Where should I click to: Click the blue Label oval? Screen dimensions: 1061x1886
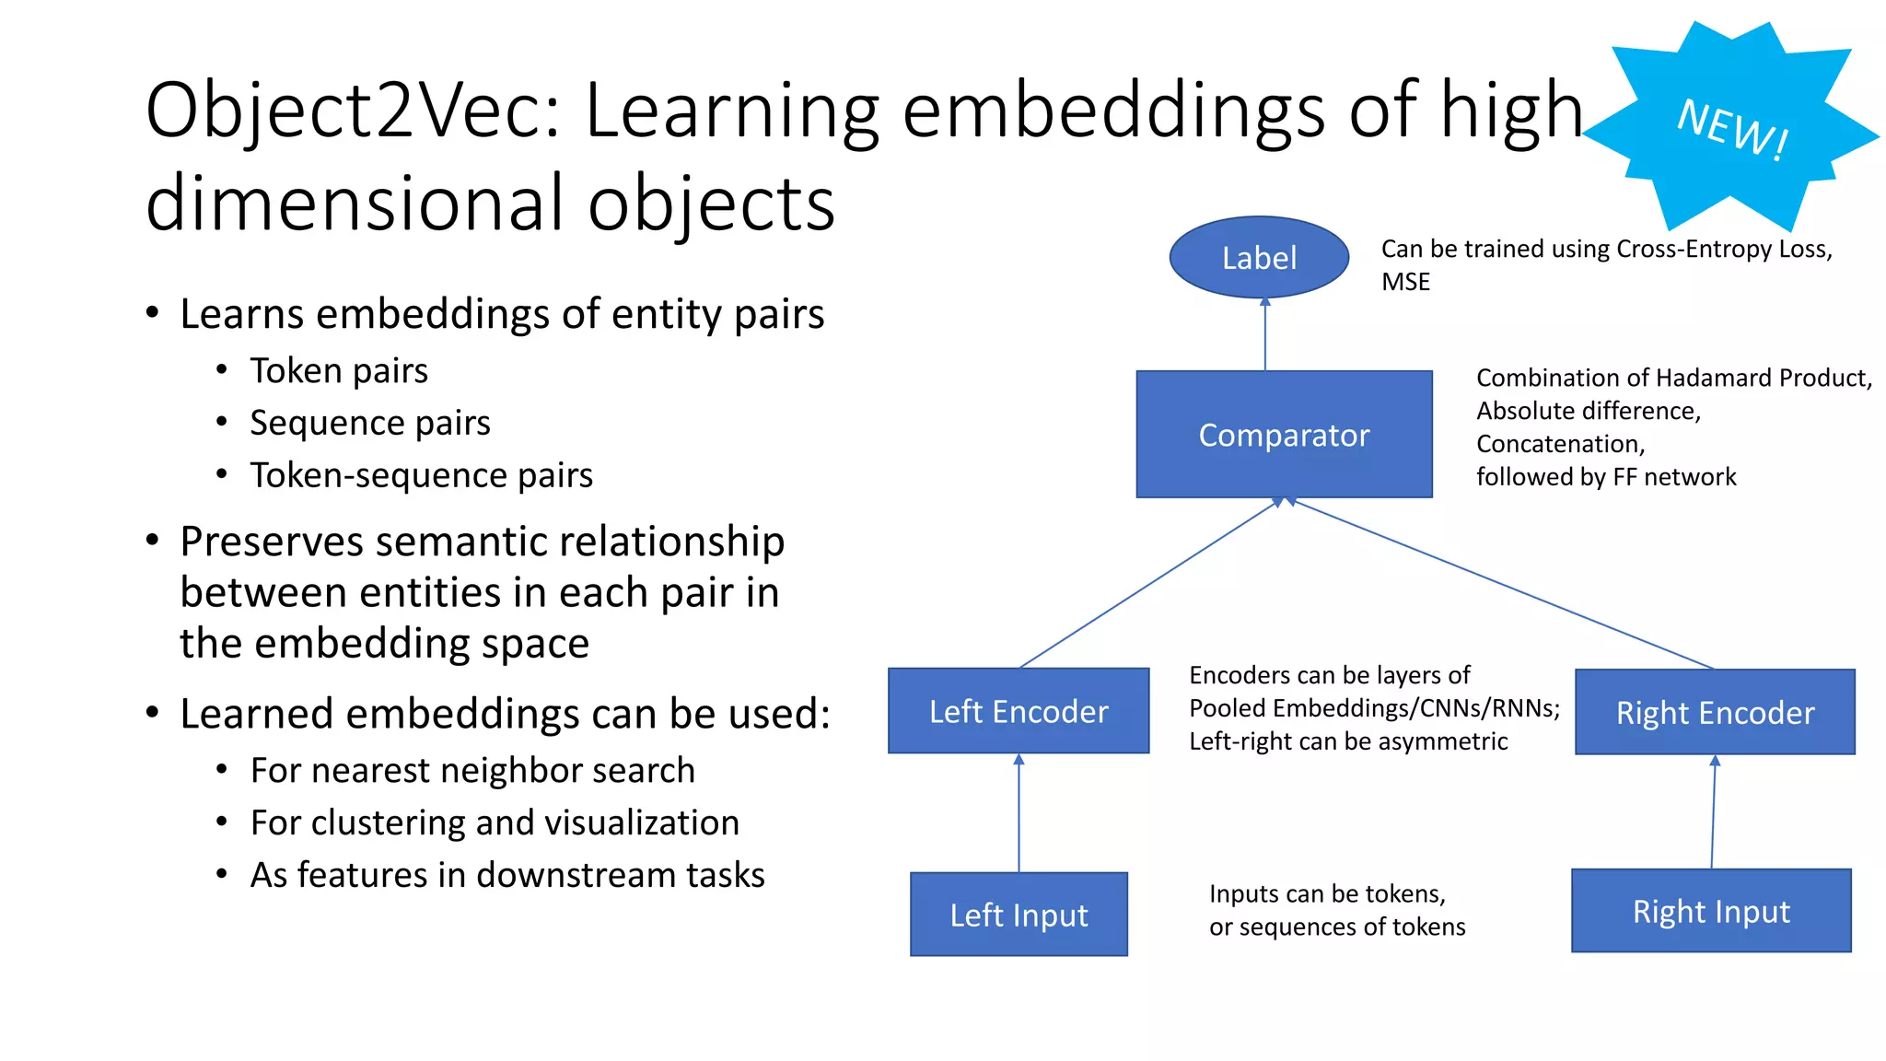pos(1259,258)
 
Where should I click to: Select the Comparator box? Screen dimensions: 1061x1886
pos(1284,435)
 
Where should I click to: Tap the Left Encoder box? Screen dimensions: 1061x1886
pos(1019,711)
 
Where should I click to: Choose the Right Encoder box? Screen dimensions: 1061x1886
pos(1715,713)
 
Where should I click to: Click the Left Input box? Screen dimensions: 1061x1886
pos(1019,915)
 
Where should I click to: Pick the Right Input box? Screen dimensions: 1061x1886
pos(1711,911)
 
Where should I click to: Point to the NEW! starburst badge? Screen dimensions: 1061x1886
pos(1731,127)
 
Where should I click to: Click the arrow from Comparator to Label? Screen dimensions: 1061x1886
pos(1265,335)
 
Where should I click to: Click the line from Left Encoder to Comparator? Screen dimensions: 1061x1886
pos(1148,584)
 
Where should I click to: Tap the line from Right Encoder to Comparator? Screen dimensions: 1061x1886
pos(1501,584)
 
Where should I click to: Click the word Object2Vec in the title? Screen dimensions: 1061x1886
pos(351,111)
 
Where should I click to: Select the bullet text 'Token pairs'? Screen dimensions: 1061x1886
pos(339,371)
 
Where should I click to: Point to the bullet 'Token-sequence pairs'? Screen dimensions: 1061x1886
pos(421,475)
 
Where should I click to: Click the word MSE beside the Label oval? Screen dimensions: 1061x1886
pos(1405,283)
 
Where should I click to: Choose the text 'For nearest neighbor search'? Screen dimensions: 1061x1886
pos(472,771)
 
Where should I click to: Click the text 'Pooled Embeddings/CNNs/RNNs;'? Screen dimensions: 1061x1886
pos(1374,708)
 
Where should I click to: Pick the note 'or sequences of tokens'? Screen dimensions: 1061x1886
pos(1337,927)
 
